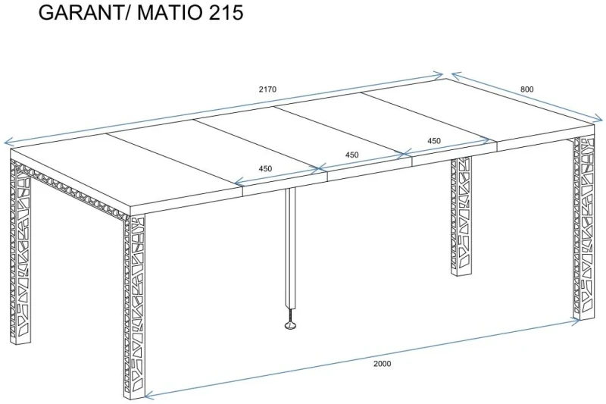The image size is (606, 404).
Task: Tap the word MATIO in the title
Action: point(169,12)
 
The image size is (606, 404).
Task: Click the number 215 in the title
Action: point(226,12)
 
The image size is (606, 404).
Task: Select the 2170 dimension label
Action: point(267,89)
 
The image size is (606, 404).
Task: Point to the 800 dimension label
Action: point(526,89)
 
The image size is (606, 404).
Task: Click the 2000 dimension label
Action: point(383,363)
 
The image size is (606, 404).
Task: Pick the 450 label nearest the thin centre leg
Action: point(266,168)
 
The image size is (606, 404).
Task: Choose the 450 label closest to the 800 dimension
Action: point(434,141)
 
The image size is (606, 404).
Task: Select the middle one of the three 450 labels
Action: point(351,155)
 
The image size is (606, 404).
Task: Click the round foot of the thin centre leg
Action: point(290,325)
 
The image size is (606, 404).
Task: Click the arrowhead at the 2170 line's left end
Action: point(7,142)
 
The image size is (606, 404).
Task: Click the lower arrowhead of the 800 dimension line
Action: point(599,119)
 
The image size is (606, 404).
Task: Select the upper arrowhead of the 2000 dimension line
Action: point(576,321)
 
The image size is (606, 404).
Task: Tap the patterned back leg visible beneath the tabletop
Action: point(461,217)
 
